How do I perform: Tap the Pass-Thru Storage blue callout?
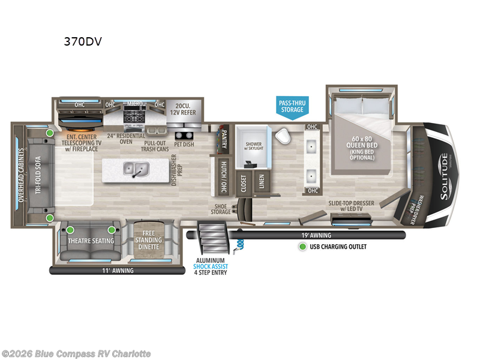[x=292, y=106]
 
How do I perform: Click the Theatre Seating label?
[x=91, y=241]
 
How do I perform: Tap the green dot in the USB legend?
[x=303, y=247]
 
